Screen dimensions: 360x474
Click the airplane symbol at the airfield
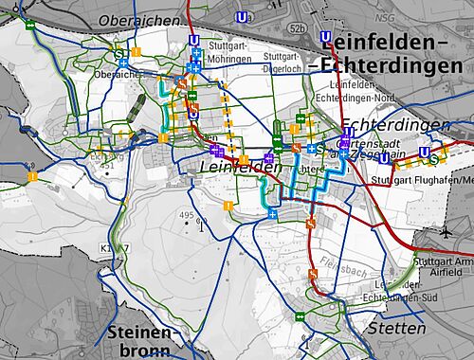(447, 232)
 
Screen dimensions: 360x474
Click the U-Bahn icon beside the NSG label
(326, 39)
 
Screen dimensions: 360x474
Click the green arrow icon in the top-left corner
(31, 26)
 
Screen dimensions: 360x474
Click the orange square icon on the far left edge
(31, 176)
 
